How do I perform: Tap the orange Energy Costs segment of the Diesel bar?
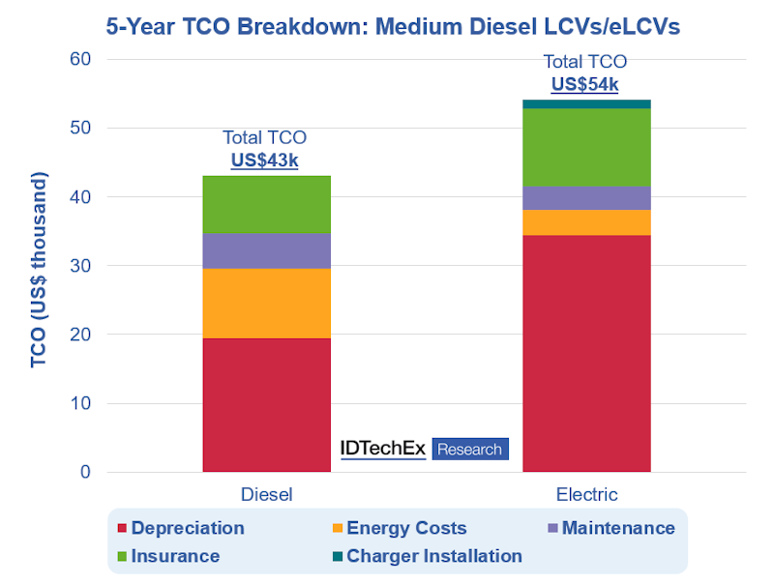pos(266,303)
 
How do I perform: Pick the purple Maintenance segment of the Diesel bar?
pos(266,250)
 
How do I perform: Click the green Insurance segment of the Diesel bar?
pos(266,205)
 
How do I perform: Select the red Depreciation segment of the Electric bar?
pos(586,353)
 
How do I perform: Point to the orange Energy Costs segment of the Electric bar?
pos(586,222)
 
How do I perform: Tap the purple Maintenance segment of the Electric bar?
pos(586,198)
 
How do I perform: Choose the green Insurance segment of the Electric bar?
pos(586,147)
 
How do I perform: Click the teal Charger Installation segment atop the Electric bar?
pos(586,103)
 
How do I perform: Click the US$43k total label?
pos(264,161)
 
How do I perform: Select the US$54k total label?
pos(584,84)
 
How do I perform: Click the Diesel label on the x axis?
pos(266,495)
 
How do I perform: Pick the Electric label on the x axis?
pos(586,495)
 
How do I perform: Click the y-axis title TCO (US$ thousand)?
pos(39,271)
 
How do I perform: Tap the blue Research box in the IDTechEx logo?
pos(469,449)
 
